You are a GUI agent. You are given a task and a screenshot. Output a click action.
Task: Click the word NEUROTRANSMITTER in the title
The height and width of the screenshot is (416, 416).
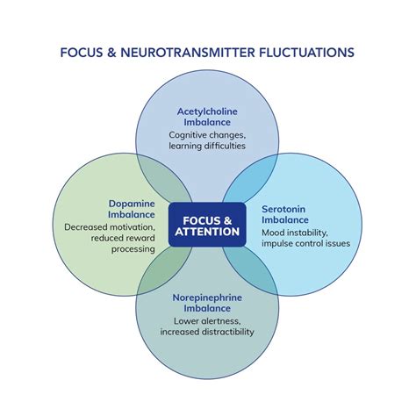tap(188, 53)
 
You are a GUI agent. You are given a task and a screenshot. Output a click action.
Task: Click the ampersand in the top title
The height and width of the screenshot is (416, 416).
tap(111, 53)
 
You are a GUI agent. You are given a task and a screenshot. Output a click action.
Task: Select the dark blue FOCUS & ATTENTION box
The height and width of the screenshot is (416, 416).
tap(207, 225)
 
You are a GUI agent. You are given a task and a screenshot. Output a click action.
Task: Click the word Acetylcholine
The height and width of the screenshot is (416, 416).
tap(207, 111)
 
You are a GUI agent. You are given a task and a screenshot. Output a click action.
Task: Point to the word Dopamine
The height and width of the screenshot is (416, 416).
tap(132, 204)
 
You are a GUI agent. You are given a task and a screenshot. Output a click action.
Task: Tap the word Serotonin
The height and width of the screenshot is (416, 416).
tap(283, 209)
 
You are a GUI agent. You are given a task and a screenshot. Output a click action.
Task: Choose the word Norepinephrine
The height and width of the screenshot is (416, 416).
tap(207, 298)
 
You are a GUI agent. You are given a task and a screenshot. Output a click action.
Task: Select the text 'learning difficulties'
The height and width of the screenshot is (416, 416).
tap(207, 146)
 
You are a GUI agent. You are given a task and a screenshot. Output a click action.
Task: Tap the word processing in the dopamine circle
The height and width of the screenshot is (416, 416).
tap(133, 249)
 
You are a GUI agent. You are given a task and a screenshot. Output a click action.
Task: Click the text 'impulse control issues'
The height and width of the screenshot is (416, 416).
tap(305, 243)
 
